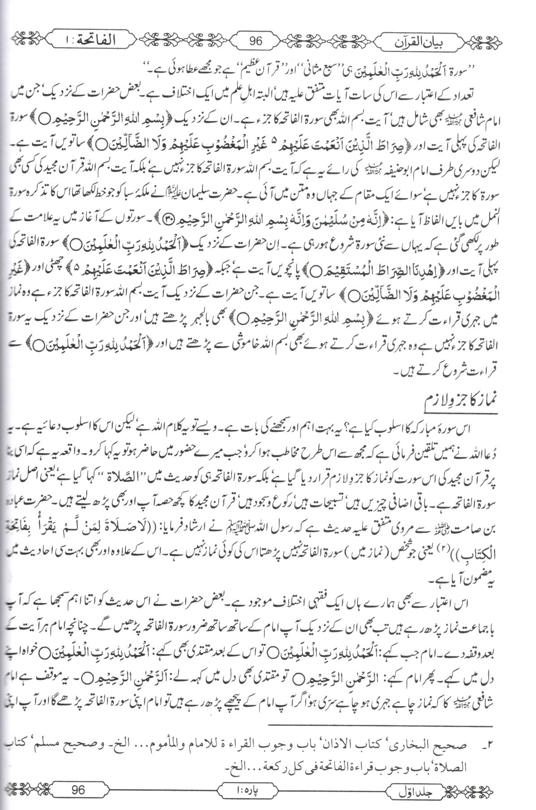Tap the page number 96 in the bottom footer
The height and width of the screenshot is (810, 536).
(79, 790)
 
